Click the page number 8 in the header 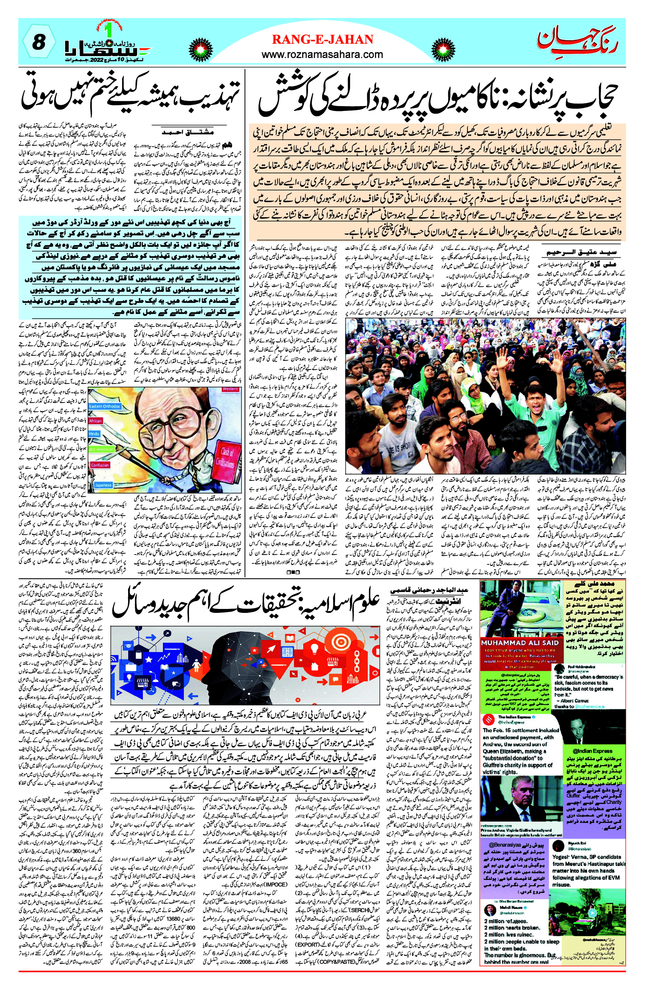pos(38,42)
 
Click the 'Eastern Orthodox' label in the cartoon pos(104,406)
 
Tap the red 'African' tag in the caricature pos(95,421)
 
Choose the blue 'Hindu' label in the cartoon pos(95,434)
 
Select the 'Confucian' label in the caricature pos(100,465)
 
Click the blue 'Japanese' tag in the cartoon pos(103,485)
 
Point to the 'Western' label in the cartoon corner pos(230,389)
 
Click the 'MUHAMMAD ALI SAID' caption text pos(519,642)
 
